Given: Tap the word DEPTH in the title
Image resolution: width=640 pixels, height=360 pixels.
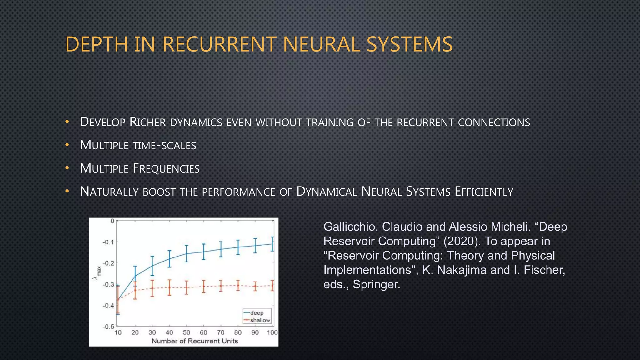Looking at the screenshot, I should click(97, 44).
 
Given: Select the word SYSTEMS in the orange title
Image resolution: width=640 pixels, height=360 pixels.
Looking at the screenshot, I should click(409, 44).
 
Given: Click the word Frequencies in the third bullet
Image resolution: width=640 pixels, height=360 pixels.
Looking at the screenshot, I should click(166, 168).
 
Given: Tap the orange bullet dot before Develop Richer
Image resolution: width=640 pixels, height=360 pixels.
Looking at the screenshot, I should click(67, 122).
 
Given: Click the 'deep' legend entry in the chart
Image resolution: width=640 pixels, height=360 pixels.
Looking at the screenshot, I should click(257, 313).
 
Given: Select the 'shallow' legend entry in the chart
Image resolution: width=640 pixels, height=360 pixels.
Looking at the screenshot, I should click(260, 320).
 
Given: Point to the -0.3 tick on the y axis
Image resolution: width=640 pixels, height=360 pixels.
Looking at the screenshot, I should click(108, 284).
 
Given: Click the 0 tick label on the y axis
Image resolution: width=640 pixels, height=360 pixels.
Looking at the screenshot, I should click(112, 221).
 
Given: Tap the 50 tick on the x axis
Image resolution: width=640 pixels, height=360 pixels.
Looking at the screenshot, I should click(187, 332).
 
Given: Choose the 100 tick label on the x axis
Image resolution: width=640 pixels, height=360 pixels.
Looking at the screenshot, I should click(272, 332).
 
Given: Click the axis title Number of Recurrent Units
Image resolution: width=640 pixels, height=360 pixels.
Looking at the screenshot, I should click(195, 341).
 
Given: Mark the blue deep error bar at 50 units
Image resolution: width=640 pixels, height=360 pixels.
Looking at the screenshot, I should click(187, 253).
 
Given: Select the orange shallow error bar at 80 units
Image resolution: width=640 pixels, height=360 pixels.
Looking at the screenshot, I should click(238, 285).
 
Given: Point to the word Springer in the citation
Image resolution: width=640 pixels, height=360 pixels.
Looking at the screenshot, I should click(376, 284).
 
